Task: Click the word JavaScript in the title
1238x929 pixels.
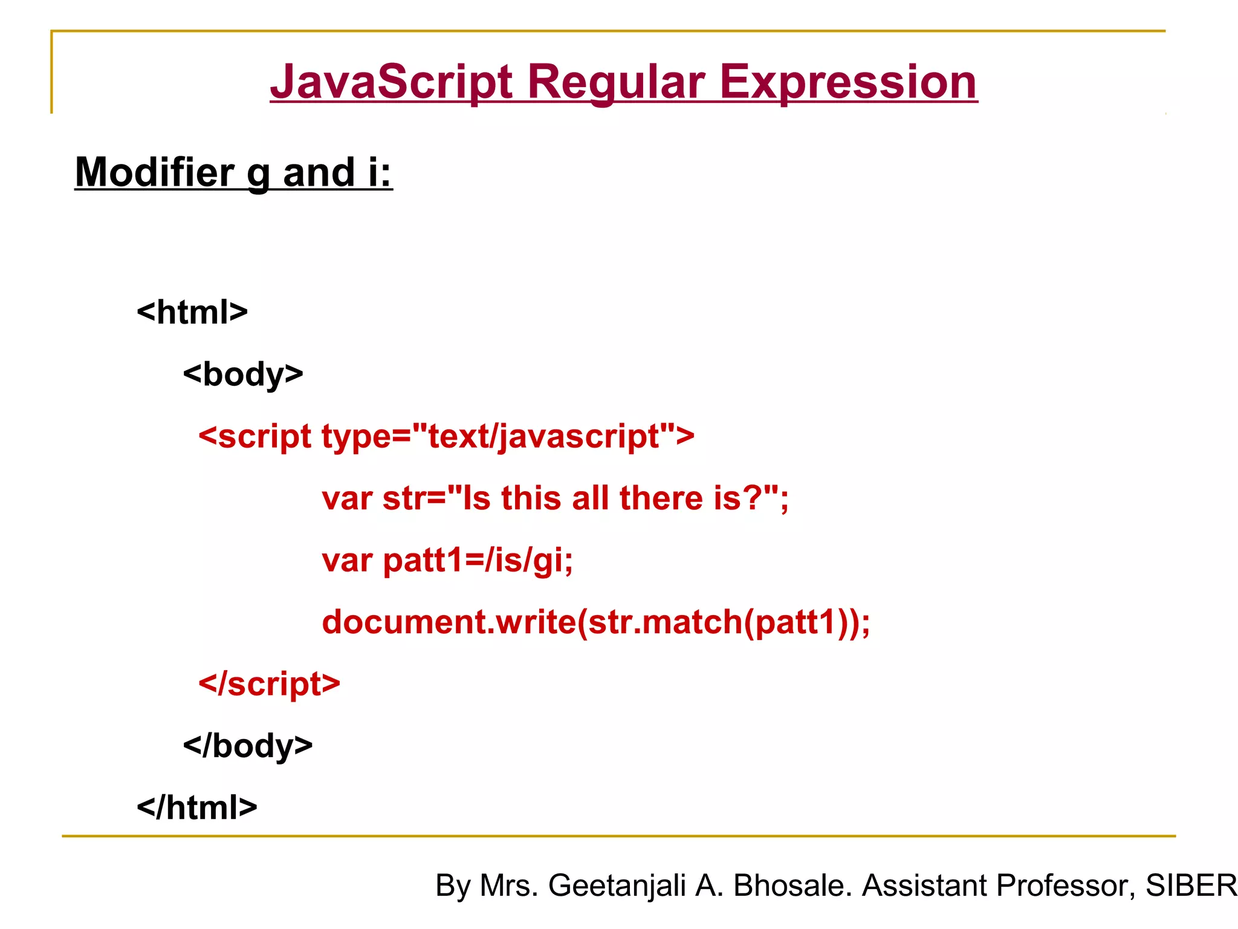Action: pyautogui.click(x=392, y=82)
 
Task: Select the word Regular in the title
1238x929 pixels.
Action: pyautogui.click(x=616, y=82)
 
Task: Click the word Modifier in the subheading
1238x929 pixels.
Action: pyautogui.click(x=155, y=172)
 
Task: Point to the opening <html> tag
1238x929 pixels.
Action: pyautogui.click(x=192, y=313)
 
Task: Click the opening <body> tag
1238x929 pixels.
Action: pyautogui.click(x=243, y=374)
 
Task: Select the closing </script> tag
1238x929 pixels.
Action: pyautogui.click(x=270, y=684)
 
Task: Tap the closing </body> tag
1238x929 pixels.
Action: pyautogui.click(x=248, y=746)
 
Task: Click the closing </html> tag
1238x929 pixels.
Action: pyautogui.click(x=197, y=808)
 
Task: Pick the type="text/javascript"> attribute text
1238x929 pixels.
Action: pyautogui.click(x=508, y=437)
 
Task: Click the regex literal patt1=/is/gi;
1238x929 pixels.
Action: pyautogui.click(x=478, y=560)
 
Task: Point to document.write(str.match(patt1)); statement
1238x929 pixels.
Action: pyautogui.click(x=596, y=622)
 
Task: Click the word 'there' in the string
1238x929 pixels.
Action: pyautogui.click(x=661, y=498)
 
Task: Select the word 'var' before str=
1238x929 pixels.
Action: pyautogui.click(x=347, y=498)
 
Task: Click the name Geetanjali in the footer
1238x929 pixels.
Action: pyautogui.click(x=617, y=885)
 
